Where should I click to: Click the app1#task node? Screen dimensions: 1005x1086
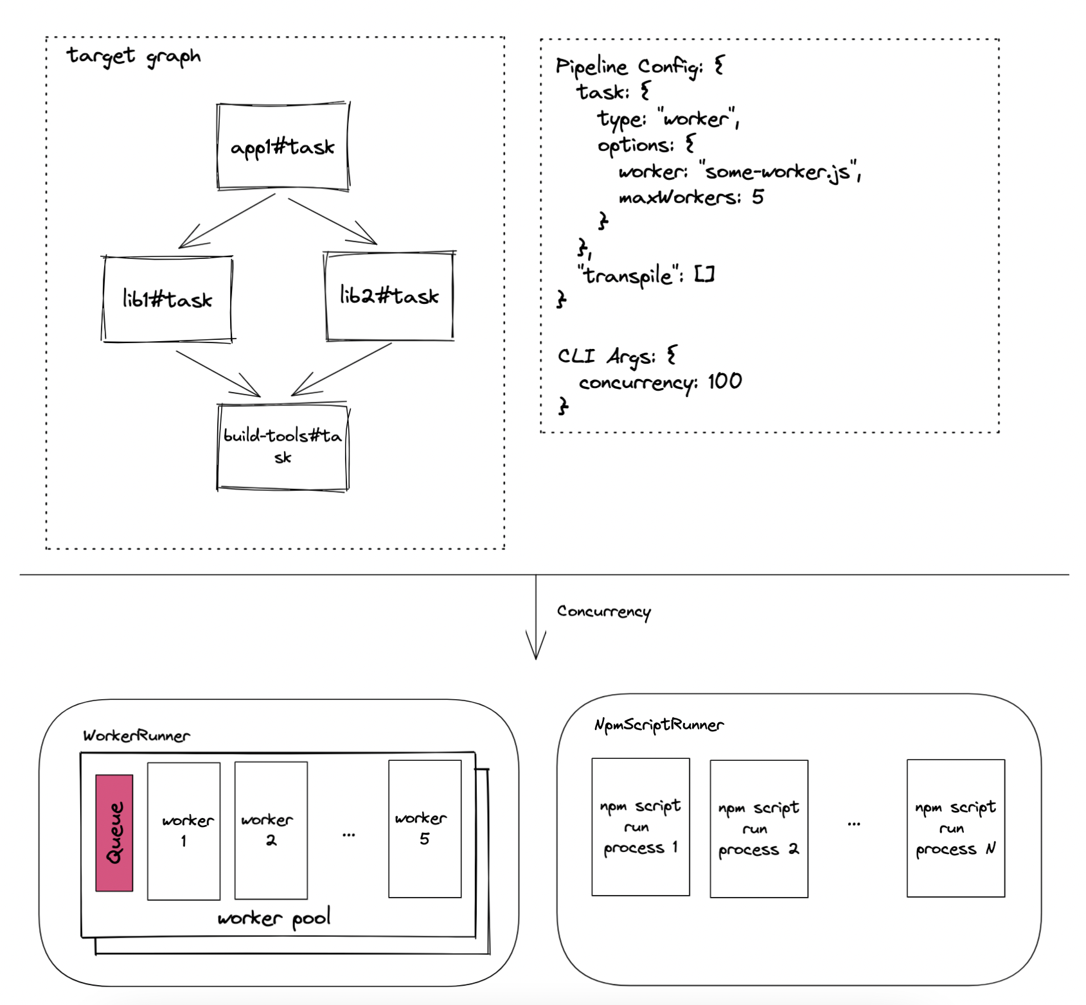283,147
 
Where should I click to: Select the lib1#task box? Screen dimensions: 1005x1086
167,299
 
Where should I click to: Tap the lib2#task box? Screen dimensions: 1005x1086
389,296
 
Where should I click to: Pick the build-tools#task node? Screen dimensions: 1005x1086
283,447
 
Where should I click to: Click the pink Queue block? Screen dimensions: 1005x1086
114,833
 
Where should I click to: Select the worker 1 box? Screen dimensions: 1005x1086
184,831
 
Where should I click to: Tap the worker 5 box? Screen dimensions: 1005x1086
425,829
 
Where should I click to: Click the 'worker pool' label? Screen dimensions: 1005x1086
274,918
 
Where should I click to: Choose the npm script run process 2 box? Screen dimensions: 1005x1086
759,829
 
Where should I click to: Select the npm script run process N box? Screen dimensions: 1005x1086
956,828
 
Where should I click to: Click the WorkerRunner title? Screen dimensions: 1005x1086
136,736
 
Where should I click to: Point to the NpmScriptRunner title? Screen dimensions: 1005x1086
659,725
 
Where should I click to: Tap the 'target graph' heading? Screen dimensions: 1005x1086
134,57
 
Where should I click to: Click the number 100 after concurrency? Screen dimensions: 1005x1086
725,382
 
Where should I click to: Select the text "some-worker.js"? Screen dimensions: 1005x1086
780,172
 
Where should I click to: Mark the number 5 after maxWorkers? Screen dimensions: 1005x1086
758,197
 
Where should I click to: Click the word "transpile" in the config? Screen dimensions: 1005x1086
627,276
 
